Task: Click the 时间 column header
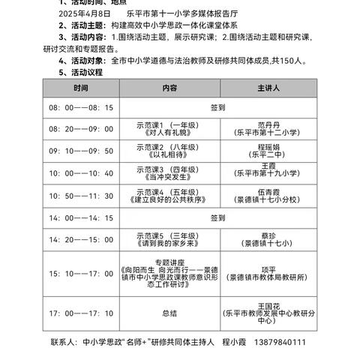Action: (81, 88)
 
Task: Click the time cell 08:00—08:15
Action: (81, 107)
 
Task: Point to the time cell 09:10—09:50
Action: (81, 150)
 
